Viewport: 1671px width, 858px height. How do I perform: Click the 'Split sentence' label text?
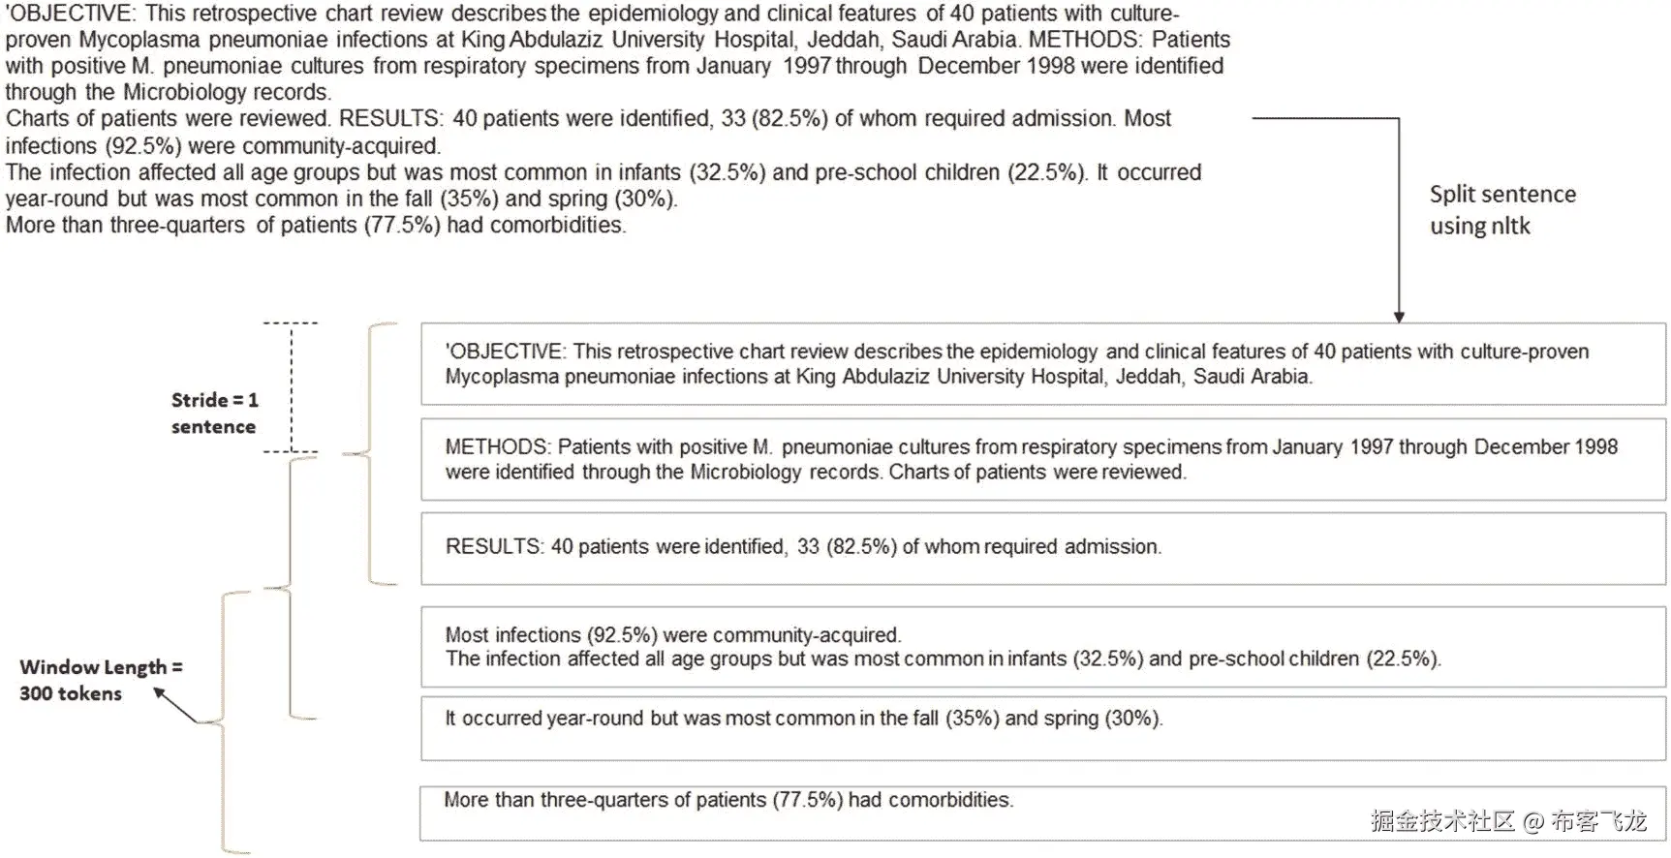(x=1501, y=195)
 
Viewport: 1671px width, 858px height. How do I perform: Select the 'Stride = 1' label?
(x=214, y=400)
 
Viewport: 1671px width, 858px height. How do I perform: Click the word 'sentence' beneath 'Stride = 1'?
(x=213, y=427)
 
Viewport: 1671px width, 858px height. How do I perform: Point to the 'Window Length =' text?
(x=101, y=667)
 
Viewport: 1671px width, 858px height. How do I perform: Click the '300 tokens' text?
(x=71, y=693)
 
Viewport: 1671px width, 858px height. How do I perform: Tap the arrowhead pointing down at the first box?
(x=1398, y=317)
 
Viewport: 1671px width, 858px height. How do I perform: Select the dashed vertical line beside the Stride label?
(x=292, y=387)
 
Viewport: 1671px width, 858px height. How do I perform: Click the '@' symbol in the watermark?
(x=1532, y=822)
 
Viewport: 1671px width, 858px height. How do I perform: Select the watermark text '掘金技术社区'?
(x=1442, y=822)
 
